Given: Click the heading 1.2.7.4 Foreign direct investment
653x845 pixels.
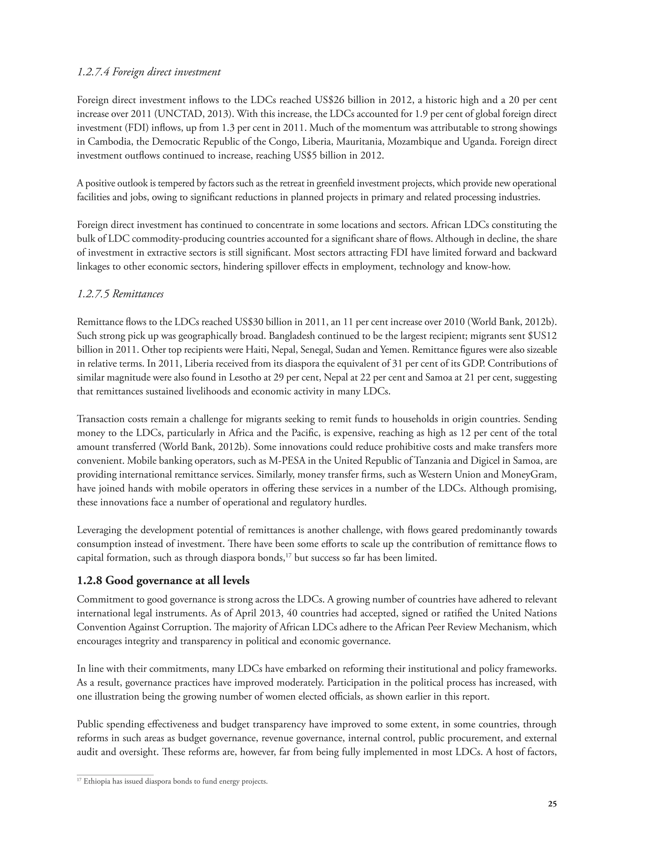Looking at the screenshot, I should click(149, 72).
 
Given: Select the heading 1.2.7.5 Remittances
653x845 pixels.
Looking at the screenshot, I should click(120, 294).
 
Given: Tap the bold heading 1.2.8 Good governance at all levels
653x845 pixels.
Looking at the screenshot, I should click(163, 580).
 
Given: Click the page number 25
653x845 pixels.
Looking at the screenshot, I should click(552, 804).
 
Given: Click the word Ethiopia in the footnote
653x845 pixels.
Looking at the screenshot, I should click(95, 781).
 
